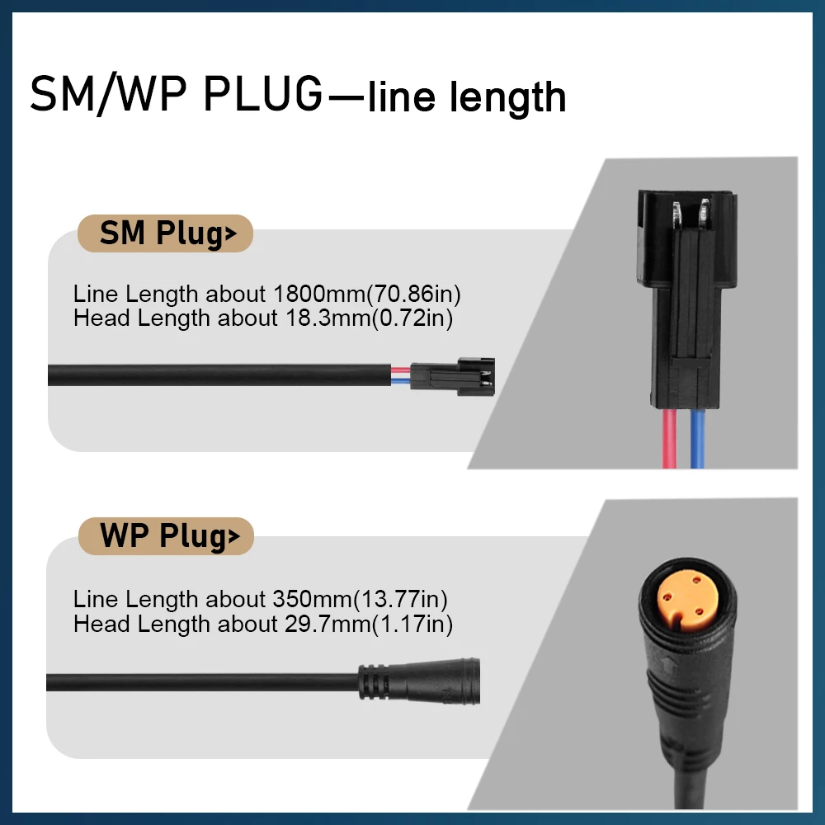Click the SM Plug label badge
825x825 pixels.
(165, 233)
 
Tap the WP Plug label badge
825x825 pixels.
(167, 536)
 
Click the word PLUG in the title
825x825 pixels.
(262, 94)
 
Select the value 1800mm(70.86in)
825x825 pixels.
(367, 294)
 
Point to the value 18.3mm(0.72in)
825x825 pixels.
(369, 318)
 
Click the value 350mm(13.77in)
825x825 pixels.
(360, 599)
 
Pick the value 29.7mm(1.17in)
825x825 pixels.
(369, 624)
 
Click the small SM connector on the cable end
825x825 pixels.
(452, 376)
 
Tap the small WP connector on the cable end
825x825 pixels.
(419, 681)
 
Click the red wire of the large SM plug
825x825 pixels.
(669, 438)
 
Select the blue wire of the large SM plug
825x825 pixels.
(697, 438)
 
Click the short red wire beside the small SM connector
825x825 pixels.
(400, 370)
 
